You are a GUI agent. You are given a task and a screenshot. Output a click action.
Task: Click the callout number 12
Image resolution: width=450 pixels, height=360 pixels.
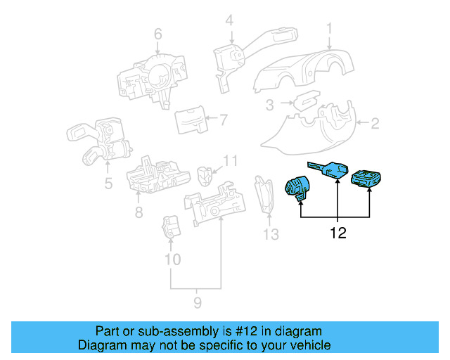[338, 233]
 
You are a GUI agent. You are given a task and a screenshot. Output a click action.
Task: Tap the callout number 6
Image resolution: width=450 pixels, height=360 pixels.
[157, 33]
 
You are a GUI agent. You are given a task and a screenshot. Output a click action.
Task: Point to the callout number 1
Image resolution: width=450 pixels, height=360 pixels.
[328, 28]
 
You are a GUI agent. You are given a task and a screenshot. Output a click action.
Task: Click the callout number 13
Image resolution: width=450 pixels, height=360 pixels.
[271, 234]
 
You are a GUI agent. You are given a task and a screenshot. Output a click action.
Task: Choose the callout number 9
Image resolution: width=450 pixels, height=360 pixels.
[197, 302]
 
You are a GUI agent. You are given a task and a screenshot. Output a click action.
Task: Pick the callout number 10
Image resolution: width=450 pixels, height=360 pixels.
[172, 259]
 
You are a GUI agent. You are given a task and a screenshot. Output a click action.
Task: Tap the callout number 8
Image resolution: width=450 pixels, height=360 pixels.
[139, 212]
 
